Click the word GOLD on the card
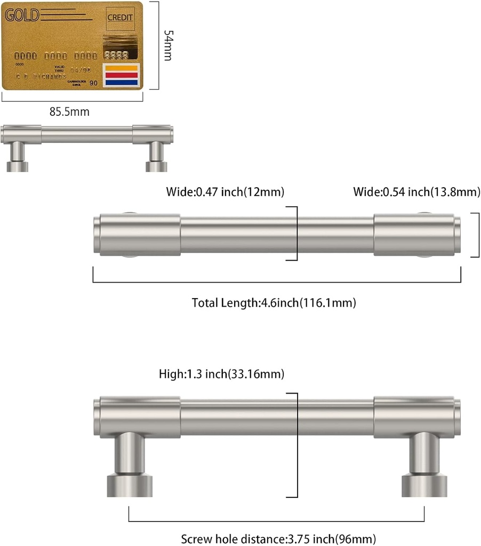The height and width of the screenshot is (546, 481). [22, 14]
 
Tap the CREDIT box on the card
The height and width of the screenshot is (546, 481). [120, 18]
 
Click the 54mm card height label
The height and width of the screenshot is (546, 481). [167, 45]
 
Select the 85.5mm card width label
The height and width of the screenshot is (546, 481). [69, 112]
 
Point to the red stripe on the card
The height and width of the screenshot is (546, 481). [122, 76]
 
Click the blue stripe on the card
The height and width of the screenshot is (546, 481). [122, 83]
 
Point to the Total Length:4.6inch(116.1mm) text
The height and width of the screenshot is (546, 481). [274, 303]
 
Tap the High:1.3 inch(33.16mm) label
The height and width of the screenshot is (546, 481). [221, 374]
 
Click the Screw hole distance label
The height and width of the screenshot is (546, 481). [278, 539]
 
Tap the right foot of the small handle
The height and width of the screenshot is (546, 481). [156, 158]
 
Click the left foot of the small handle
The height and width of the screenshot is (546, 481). [17, 158]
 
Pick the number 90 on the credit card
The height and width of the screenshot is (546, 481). [93, 83]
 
